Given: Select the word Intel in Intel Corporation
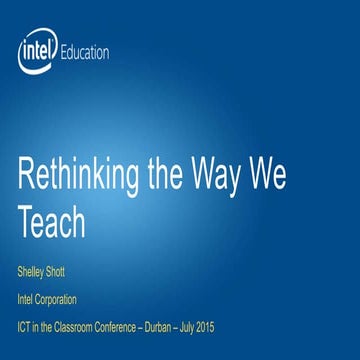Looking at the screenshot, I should pos(26,297).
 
